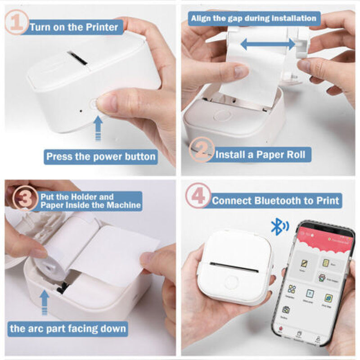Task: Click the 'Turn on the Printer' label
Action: pyautogui.click(x=74, y=27)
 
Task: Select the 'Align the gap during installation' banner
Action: pyautogui.click(x=253, y=18)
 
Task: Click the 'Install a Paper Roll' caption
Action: pyautogui.click(x=261, y=155)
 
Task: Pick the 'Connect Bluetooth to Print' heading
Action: pyautogui.click(x=276, y=200)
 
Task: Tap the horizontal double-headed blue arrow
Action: pyautogui.click(x=268, y=44)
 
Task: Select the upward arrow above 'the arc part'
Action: pyautogui.click(x=44, y=301)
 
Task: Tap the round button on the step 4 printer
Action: pyautogui.click(x=232, y=282)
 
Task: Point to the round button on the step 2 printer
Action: pyautogui.click(x=222, y=116)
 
